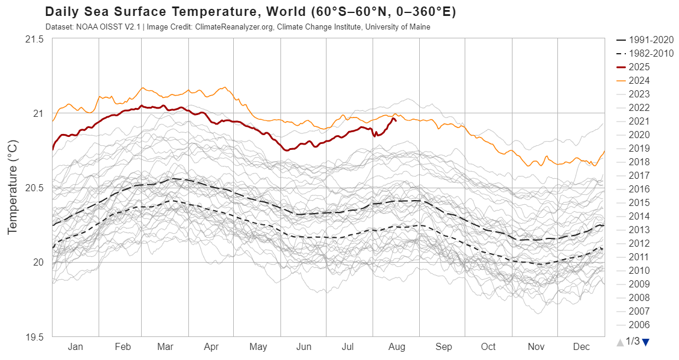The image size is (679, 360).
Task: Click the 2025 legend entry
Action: tap(639, 67)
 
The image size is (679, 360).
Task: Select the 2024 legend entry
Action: tap(639, 80)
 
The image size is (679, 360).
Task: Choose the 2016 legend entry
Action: tap(639, 189)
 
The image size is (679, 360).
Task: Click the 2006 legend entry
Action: tap(639, 325)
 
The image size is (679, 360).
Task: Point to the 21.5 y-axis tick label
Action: tap(34, 39)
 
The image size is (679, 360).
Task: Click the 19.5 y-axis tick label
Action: tap(34, 337)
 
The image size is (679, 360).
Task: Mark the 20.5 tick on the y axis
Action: tap(34, 188)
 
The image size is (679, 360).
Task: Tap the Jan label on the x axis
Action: tap(76, 347)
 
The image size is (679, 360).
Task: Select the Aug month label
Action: tap(397, 347)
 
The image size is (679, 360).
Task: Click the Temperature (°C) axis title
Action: tap(12, 188)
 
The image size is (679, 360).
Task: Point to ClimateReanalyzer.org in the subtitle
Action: tap(232, 27)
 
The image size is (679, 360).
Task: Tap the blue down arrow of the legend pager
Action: tap(645, 342)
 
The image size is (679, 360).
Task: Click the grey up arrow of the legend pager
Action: tap(619, 342)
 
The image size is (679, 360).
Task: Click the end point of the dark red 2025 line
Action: tap(395, 120)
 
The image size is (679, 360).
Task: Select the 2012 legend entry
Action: tap(639, 243)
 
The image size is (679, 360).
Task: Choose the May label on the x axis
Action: tap(258, 347)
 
